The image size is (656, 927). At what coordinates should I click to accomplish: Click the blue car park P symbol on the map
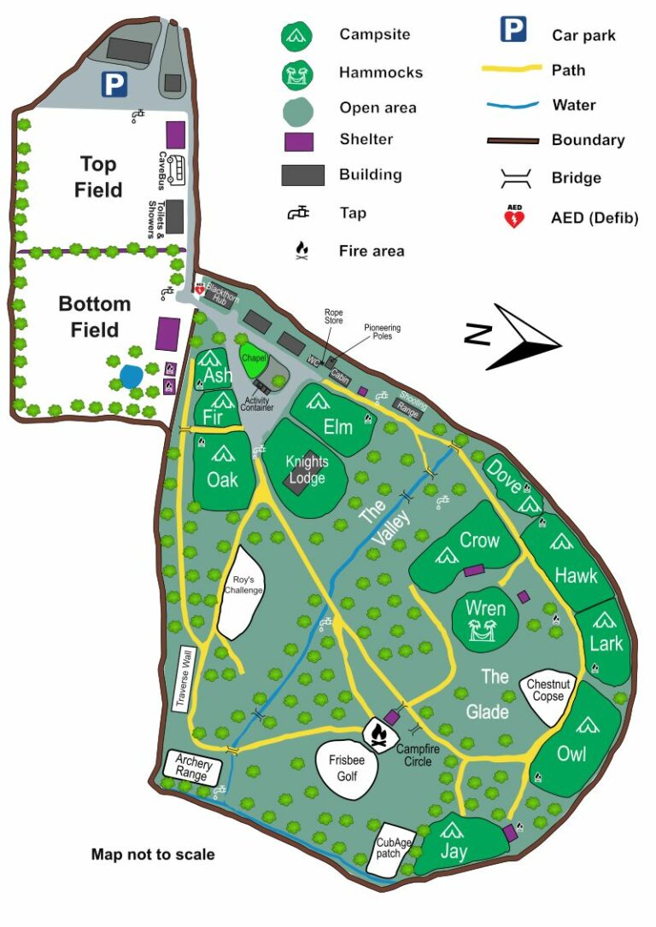point(114,83)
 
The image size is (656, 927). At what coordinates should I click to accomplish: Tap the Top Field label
point(97,177)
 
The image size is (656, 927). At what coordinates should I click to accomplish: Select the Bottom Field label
point(94,317)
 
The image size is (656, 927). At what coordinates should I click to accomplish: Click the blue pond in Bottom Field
point(131,376)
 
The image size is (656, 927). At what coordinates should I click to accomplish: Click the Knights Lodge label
point(307,470)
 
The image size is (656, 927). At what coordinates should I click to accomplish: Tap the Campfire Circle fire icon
point(381,732)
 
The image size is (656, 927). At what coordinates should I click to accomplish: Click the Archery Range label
point(192,767)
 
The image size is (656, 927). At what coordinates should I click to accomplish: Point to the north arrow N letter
point(477,335)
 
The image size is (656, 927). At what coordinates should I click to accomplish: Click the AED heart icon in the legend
point(514,218)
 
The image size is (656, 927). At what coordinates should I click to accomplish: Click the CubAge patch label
point(394,848)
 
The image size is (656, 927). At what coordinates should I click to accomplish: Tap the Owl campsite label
point(571,754)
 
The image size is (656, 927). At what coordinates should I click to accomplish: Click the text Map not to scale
point(153,854)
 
